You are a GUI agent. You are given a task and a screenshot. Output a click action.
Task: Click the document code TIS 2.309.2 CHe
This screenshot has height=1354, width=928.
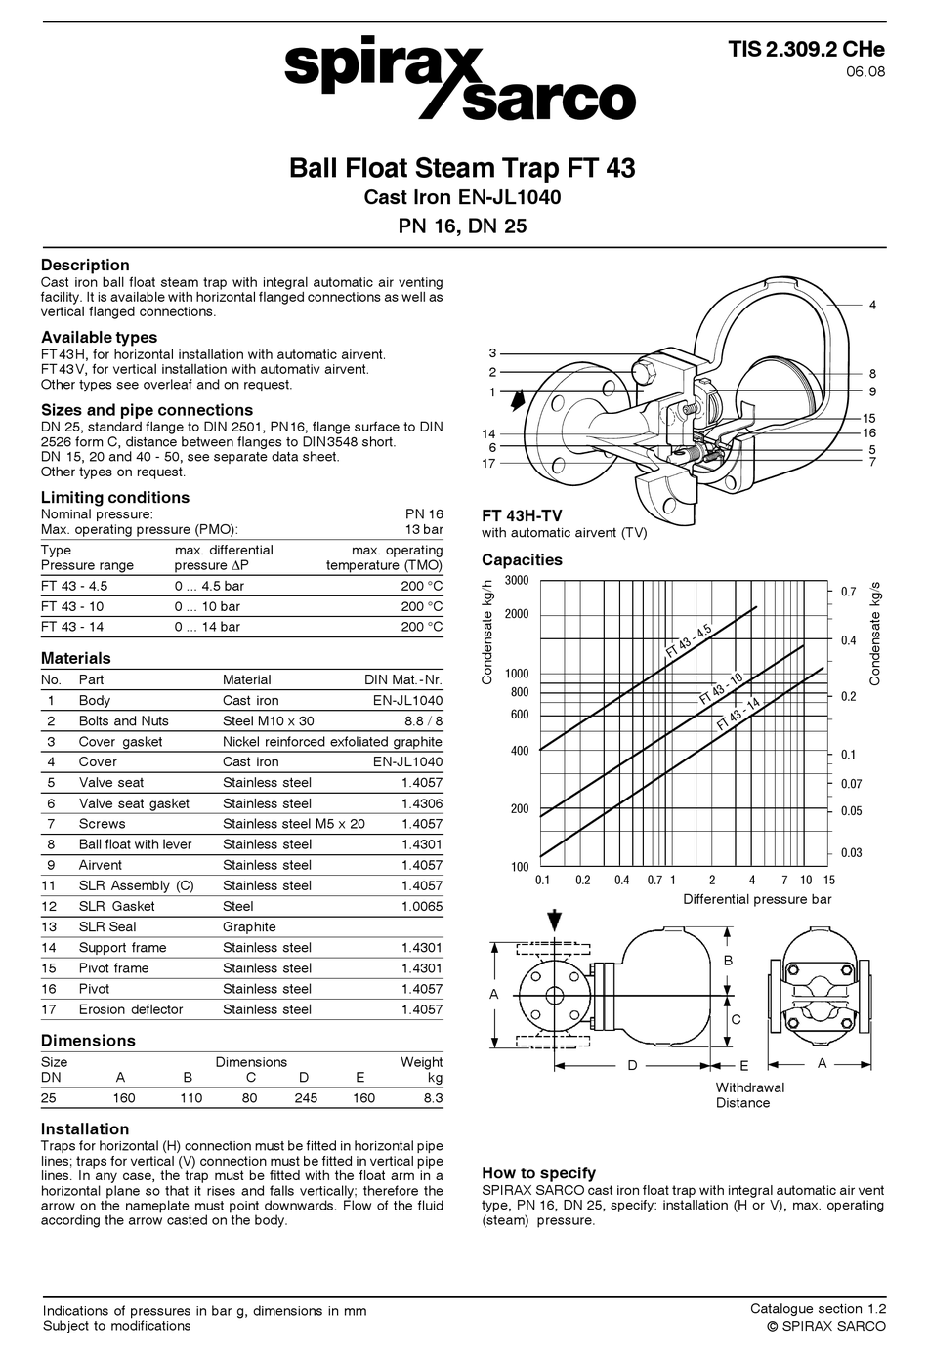[x=806, y=50]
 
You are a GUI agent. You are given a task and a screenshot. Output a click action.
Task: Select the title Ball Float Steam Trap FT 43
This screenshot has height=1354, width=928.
[x=462, y=168]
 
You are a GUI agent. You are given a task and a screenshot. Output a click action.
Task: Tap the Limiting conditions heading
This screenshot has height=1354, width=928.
[x=115, y=497]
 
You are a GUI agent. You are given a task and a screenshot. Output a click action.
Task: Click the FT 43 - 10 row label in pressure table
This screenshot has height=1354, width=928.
[x=72, y=606]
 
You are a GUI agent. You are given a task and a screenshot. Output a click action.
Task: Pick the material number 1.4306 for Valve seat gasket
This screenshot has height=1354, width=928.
[x=421, y=803]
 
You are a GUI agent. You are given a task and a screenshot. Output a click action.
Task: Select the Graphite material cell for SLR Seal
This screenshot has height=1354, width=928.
[x=249, y=926]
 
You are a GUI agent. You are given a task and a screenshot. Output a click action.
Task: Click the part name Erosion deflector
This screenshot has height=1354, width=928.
[x=130, y=1009]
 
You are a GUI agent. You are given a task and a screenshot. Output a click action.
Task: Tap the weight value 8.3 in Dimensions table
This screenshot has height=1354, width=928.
[x=432, y=1097]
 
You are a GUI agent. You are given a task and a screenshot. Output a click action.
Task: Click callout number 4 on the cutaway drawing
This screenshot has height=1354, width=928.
[x=872, y=305]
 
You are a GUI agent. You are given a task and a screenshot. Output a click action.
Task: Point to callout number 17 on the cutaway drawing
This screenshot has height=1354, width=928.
[x=488, y=463]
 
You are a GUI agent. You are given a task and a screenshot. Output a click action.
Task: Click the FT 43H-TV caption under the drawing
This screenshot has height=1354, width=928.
[x=522, y=515]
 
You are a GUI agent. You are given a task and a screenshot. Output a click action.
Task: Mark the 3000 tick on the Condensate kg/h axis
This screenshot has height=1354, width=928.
[x=517, y=581]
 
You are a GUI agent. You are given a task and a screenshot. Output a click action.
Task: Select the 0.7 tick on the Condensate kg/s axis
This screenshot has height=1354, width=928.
[x=848, y=592]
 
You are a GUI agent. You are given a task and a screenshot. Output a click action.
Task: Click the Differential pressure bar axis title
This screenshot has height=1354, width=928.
[x=757, y=899]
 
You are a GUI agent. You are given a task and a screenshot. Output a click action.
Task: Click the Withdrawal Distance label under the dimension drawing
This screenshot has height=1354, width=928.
[x=749, y=1095]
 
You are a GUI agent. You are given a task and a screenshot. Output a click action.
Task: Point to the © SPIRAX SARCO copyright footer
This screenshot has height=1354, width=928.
[x=825, y=1326]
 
